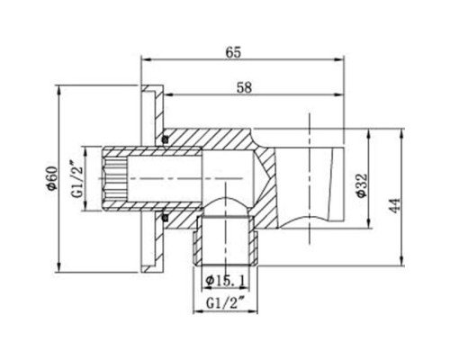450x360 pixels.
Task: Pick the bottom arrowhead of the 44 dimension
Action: coord(394,266)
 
